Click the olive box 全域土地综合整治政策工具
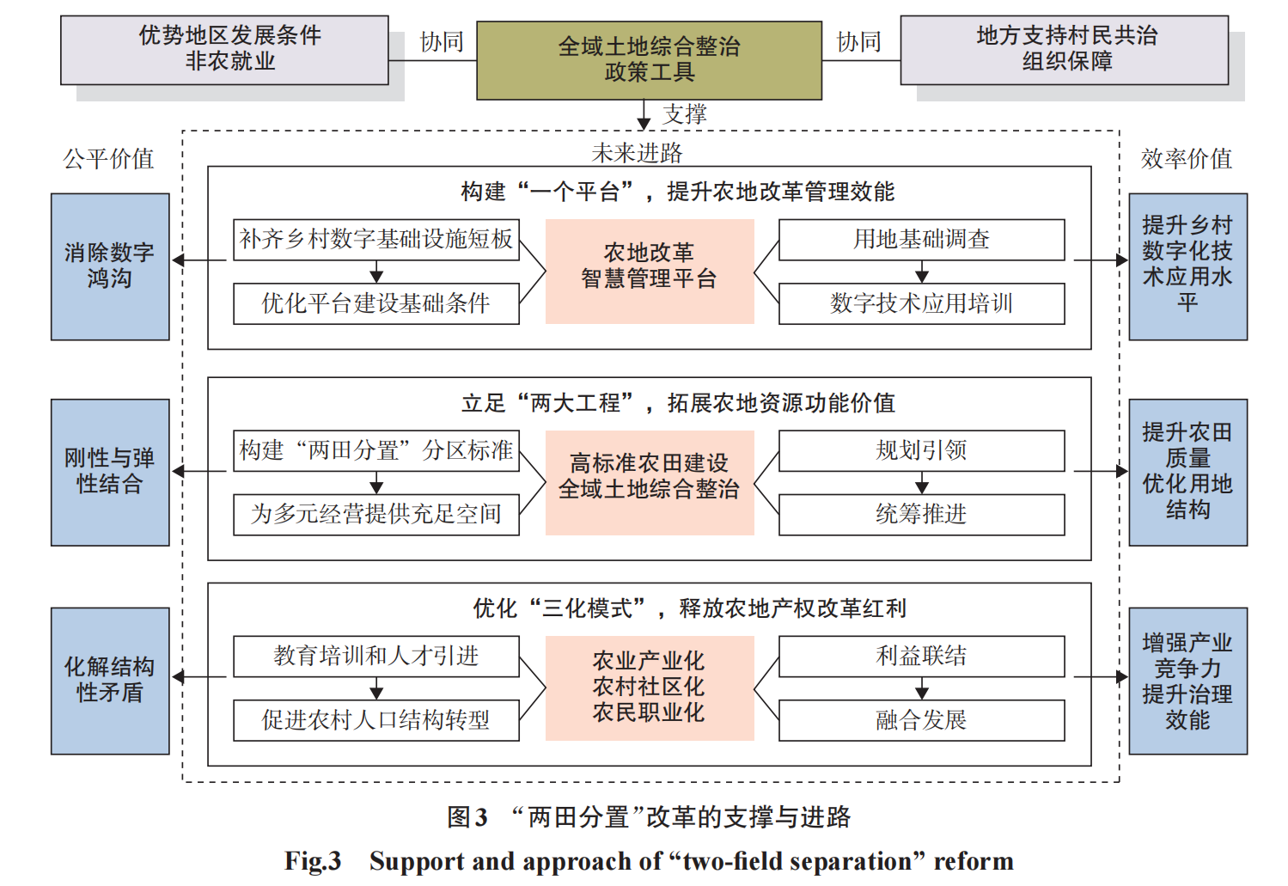point(649,60)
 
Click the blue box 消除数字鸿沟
point(110,266)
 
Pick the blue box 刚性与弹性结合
point(110,472)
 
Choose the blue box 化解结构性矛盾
point(110,681)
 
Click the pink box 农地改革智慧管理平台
point(650,271)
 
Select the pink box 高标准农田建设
point(650,482)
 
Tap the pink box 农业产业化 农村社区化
point(650,687)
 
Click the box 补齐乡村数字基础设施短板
point(376,240)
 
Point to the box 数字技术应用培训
point(921,303)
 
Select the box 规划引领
point(921,451)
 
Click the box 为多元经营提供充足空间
point(376,515)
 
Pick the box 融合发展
point(921,720)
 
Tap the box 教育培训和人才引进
point(376,657)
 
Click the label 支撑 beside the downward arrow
point(685,114)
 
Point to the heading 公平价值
point(108,159)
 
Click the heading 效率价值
point(1186,159)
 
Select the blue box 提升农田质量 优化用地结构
point(1187,472)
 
